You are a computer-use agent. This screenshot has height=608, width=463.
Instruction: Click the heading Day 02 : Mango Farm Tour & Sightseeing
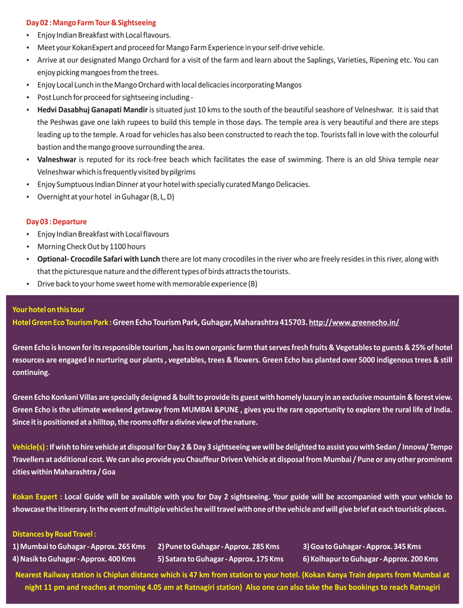(x=91, y=23)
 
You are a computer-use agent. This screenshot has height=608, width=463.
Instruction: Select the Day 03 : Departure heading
(x=56, y=222)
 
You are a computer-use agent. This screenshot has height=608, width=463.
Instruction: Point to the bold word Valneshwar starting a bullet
(x=57, y=159)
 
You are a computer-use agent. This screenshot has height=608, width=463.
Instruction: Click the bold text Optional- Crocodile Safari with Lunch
(x=99, y=259)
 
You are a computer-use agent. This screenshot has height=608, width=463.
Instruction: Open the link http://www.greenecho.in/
(x=354, y=322)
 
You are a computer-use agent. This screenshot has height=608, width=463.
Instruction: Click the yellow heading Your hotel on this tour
(x=48, y=309)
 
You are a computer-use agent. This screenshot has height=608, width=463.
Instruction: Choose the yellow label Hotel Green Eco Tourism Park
(x=62, y=322)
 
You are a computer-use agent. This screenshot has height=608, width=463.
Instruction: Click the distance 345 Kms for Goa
(x=408, y=546)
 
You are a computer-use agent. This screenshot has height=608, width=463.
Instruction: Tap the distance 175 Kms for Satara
(x=270, y=559)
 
